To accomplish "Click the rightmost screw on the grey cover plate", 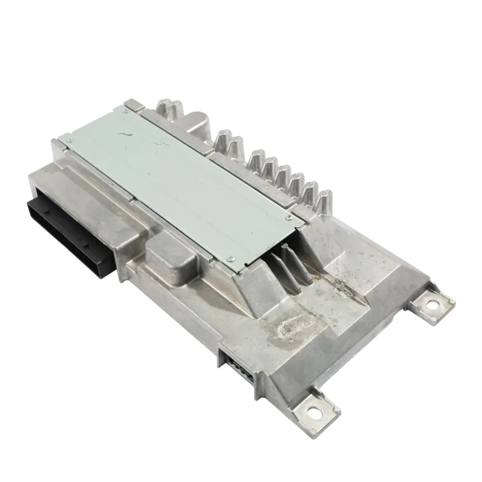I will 291,217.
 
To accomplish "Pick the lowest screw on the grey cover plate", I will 230,258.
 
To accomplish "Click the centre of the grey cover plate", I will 179,179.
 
